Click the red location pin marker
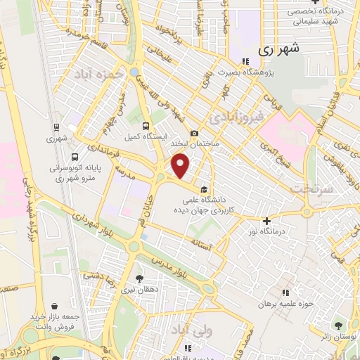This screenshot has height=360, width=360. point(181,166)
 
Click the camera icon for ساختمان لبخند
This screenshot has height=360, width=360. point(195,134)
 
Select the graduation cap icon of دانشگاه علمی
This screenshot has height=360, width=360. point(203,188)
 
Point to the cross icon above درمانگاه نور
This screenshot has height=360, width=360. point(266,221)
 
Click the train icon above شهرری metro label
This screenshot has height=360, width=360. point(56,127)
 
